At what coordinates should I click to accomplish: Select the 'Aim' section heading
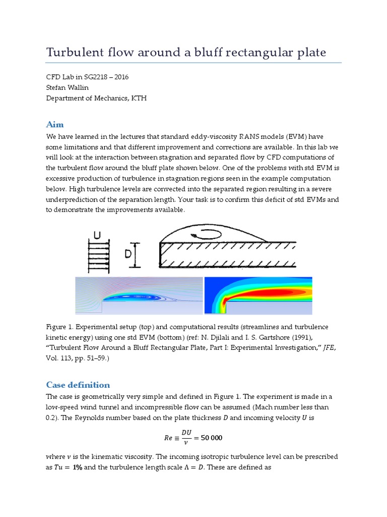(x=54, y=124)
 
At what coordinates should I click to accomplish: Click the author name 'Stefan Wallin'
(x=67, y=88)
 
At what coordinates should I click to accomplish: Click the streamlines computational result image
(x=139, y=295)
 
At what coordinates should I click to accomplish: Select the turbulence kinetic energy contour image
(x=258, y=295)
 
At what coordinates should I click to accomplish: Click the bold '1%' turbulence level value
(x=77, y=468)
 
